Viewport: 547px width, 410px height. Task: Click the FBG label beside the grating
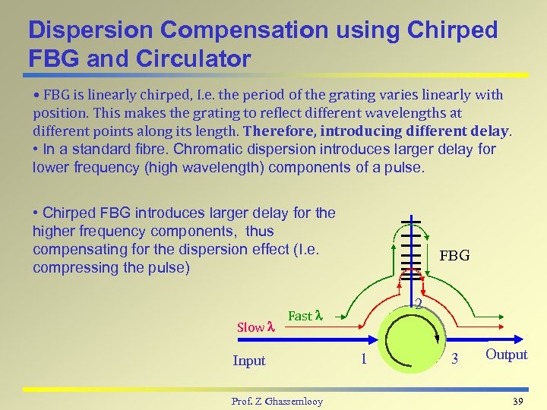454,256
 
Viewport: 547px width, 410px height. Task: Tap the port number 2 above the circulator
418,304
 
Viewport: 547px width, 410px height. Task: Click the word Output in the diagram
506,355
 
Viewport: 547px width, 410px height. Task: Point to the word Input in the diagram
249,361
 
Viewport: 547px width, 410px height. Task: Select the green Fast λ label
305,315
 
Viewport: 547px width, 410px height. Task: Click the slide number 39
519,400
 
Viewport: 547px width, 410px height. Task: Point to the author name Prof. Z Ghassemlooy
277,401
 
